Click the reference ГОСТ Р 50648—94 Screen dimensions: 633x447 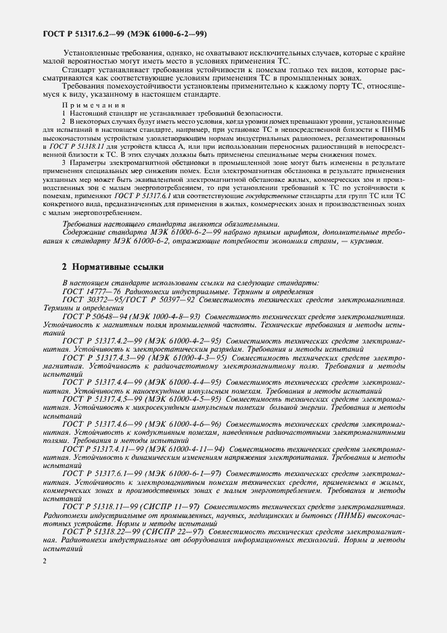pos(97,316)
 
